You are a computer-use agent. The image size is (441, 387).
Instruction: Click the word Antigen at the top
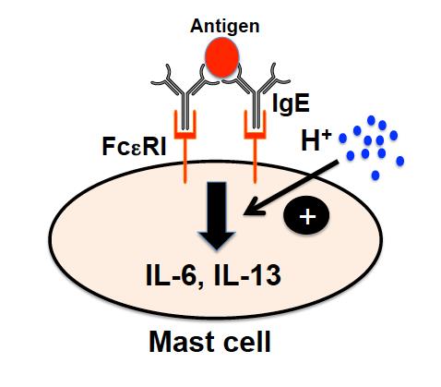click(x=225, y=27)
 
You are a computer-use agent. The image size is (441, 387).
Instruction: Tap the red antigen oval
click(x=221, y=57)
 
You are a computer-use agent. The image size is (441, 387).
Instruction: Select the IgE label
click(x=291, y=103)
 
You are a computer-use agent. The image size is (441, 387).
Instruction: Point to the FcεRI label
click(x=134, y=146)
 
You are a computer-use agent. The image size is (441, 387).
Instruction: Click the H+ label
click(x=316, y=141)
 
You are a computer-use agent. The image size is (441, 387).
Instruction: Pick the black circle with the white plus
click(x=307, y=216)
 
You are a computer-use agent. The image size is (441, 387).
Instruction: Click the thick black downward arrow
click(x=217, y=215)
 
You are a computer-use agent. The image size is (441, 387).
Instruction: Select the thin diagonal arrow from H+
click(x=291, y=187)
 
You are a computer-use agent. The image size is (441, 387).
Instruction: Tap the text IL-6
click(x=171, y=275)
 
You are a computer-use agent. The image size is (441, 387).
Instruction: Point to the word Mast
click(x=182, y=342)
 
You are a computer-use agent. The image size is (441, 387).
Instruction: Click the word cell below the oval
click(x=247, y=342)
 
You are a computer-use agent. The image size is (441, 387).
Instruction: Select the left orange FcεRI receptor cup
click(x=185, y=125)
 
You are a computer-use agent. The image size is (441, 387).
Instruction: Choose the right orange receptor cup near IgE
click(x=255, y=125)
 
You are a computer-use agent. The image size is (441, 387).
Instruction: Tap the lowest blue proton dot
click(x=375, y=175)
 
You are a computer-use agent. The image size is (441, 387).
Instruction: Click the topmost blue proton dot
click(x=371, y=120)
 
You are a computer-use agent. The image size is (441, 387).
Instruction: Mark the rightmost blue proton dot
click(x=399, y=161)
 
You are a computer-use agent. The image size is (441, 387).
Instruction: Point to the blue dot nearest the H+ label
click(x=342, y=139)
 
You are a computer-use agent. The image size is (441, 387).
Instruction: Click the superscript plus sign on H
click(x=327, y=135)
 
